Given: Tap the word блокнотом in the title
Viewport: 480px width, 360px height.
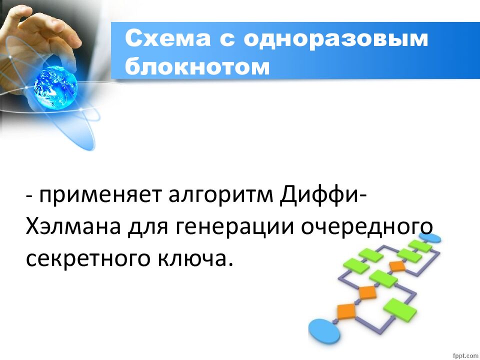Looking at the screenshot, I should (197, 66).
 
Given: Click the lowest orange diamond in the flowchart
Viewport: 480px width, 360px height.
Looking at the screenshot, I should (346, 310).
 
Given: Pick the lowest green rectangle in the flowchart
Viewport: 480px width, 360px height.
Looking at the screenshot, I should (399, 310).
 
